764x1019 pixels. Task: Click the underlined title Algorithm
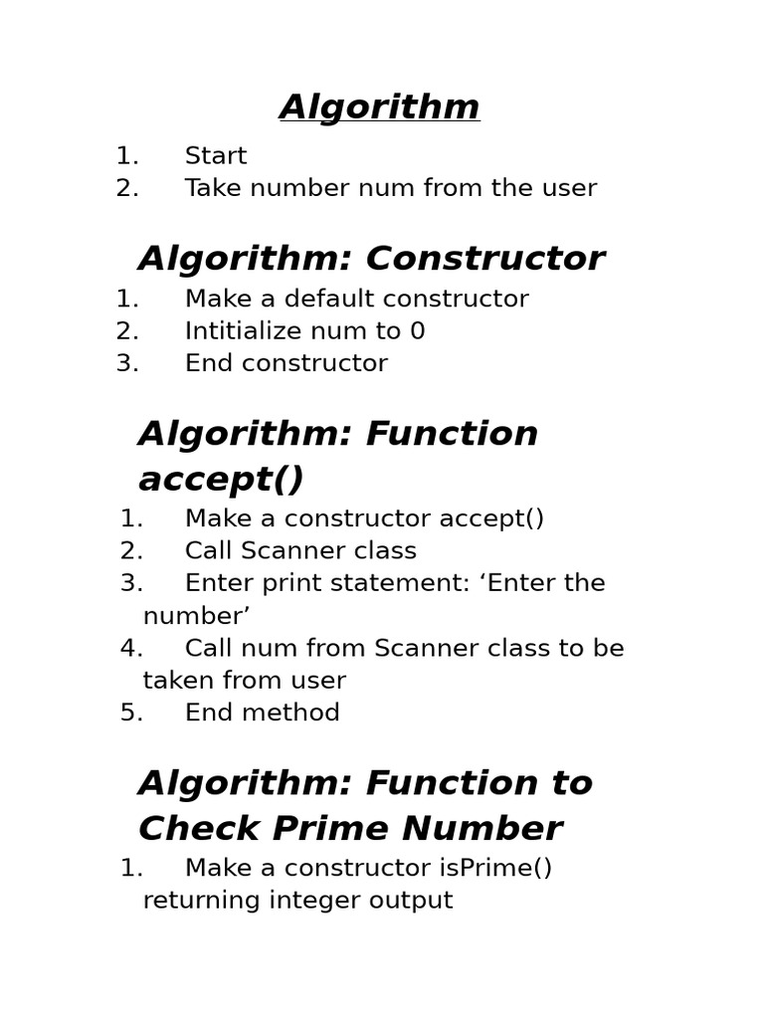point(380,107)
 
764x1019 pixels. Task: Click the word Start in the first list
point(216,156)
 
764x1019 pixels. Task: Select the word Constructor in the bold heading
point(485,259)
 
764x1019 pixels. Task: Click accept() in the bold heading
point(221,480)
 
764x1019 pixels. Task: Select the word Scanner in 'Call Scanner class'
point(299,551)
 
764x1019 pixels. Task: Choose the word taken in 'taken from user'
point(175,681)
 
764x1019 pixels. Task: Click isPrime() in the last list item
point(494,868)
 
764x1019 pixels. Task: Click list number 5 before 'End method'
point(130,713)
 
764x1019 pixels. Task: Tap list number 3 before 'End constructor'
point(126,363)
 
